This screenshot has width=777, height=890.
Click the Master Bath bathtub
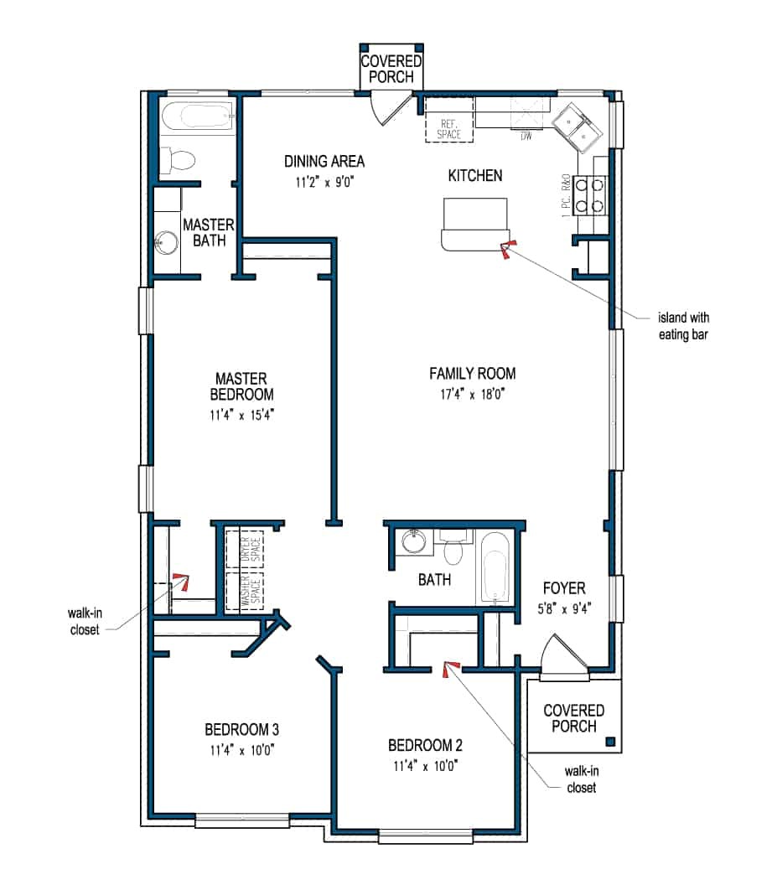198,116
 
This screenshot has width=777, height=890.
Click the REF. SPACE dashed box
449,120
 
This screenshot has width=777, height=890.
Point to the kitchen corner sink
578,127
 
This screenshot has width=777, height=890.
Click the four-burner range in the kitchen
589,194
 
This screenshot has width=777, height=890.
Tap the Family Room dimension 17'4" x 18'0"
472,394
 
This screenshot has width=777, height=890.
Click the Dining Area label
324,162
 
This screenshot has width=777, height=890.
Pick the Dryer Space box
245,549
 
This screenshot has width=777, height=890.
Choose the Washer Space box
245,592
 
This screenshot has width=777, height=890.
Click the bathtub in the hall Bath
495,567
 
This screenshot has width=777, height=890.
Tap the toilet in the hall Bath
453,546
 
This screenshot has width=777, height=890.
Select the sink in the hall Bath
413,541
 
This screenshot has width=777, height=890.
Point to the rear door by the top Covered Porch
391,107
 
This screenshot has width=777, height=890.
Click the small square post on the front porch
611,742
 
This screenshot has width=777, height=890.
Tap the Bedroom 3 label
241,729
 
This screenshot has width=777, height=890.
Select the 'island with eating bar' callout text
683,326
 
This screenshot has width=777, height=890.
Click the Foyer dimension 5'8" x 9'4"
564,609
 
